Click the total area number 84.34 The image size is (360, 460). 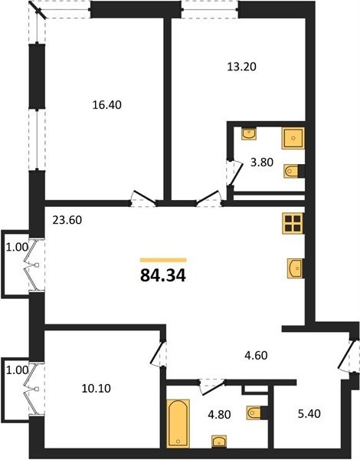click(x=163, y=275)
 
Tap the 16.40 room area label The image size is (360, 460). click(x=106, y=105)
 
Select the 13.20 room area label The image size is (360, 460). click(x=242, y=67)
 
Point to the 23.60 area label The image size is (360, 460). click(x=67, y=220)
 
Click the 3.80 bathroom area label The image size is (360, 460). click(x=262, y=163)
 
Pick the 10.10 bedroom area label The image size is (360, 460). click(x=97, y=389)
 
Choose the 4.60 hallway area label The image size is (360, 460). click(x=256, y=356)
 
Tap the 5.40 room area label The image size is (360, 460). click(x=309, y=414)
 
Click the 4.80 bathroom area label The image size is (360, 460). click(x=219, y=415)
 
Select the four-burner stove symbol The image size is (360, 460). click(x=293, y=224)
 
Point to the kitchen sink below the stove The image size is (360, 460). click(x=296, y=268)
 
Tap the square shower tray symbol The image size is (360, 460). click(x=293, y=138)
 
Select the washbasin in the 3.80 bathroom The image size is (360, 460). click(x=249, y=133)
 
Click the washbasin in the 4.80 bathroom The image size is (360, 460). click(x=219, y=442)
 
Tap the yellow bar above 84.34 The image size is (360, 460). click(x=163, y=260)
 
